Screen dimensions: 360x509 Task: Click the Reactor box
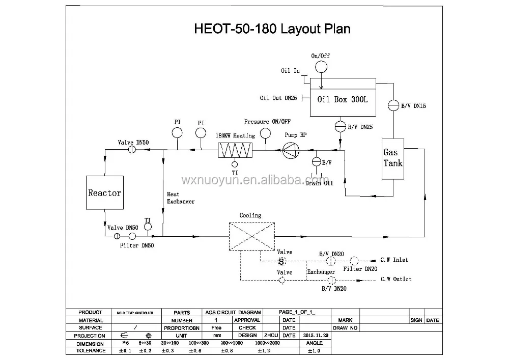[104, 193]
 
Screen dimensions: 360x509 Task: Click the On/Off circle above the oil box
[321, 67]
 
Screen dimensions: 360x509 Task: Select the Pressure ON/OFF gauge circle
[265, 133]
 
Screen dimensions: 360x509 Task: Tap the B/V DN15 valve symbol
[393, 105]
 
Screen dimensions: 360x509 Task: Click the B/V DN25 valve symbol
[340, 125]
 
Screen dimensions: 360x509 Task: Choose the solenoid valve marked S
[280, 261]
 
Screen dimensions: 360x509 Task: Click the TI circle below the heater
[235, 164]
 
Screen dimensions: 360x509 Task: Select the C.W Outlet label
[396, 279]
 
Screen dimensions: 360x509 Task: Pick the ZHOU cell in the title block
[270, 336]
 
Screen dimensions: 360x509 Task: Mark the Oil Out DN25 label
[278, 97]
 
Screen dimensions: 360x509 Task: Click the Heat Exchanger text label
[180, 198]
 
